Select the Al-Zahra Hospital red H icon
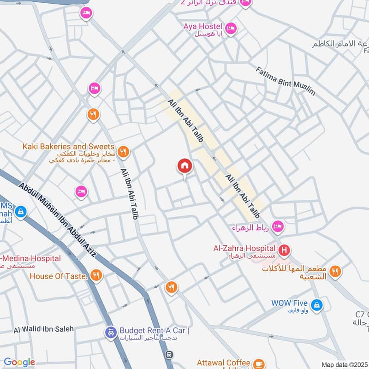285,250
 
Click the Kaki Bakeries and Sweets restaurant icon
124,151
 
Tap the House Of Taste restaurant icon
96,275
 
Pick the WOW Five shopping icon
316,304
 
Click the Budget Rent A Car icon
111,332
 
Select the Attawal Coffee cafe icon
259,363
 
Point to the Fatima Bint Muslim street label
286,81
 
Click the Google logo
19,363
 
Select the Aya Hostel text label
202,27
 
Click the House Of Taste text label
59,276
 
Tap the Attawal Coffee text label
223,363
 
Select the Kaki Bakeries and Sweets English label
68,146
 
